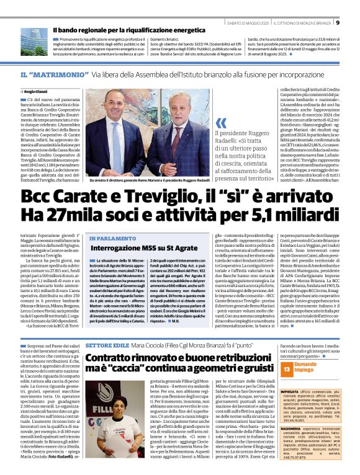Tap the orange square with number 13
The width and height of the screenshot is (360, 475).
287,370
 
